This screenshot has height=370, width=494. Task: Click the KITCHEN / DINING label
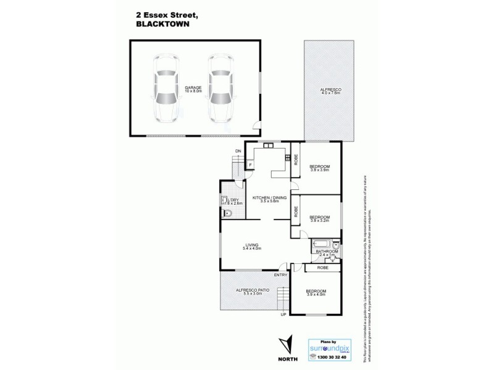pyautogui.click(x=266, y=199)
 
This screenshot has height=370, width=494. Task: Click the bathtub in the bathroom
pyautogui.click(x=320, y=242)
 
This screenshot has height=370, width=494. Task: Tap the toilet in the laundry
pyautogui.click(x=228, y=213)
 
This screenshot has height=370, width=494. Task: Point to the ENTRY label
pyautogui.click(x=281, y=275)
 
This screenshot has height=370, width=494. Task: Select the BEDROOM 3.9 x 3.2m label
pyautogui.click(x=319, y=218)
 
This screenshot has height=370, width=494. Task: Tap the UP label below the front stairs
pyautogui.click(x=283, y=314)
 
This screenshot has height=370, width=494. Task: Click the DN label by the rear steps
pyautogui.click(x=237, y=151)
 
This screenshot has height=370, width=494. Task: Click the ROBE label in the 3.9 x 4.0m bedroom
pyautogui.click(x=322, y=268)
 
